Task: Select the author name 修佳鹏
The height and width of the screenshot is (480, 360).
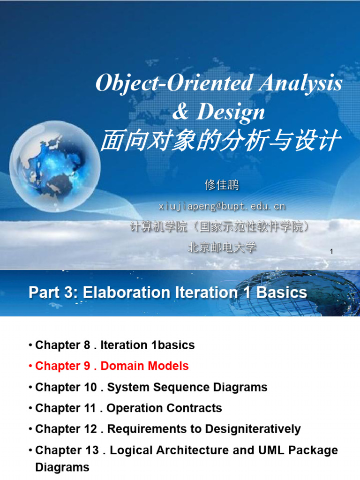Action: pyautogui.click(x=222, y=185)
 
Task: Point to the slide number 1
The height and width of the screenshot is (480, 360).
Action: pyautogui.click(x=331, y=252)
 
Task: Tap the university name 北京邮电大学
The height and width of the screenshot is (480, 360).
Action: pyautogui.click(x=222, y=247)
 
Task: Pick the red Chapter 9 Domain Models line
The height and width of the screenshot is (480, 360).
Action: pyautogui.click(x=112, y=366)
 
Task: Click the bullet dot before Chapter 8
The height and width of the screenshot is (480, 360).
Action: pyautogui.click(x=30, y=345)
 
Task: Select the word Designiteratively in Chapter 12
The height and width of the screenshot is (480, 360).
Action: pyautogui.click(x=255, y=429)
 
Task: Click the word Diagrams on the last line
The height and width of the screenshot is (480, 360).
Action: pyautogui.click(x=62, y=467)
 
